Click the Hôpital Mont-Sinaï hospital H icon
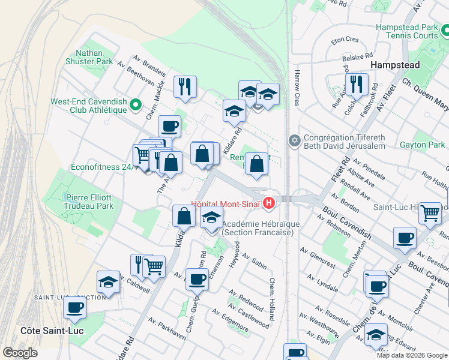(x=269, y=204)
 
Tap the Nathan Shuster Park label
(x=90, y=57)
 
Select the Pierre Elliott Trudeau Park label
(x=88, y=201)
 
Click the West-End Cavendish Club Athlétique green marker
(x=136, y=105)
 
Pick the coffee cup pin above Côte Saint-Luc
(x=75, y=307)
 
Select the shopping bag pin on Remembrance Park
(x=257, y=163)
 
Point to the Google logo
(x=20, y=353)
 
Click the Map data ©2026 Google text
(x=411, y=355)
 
